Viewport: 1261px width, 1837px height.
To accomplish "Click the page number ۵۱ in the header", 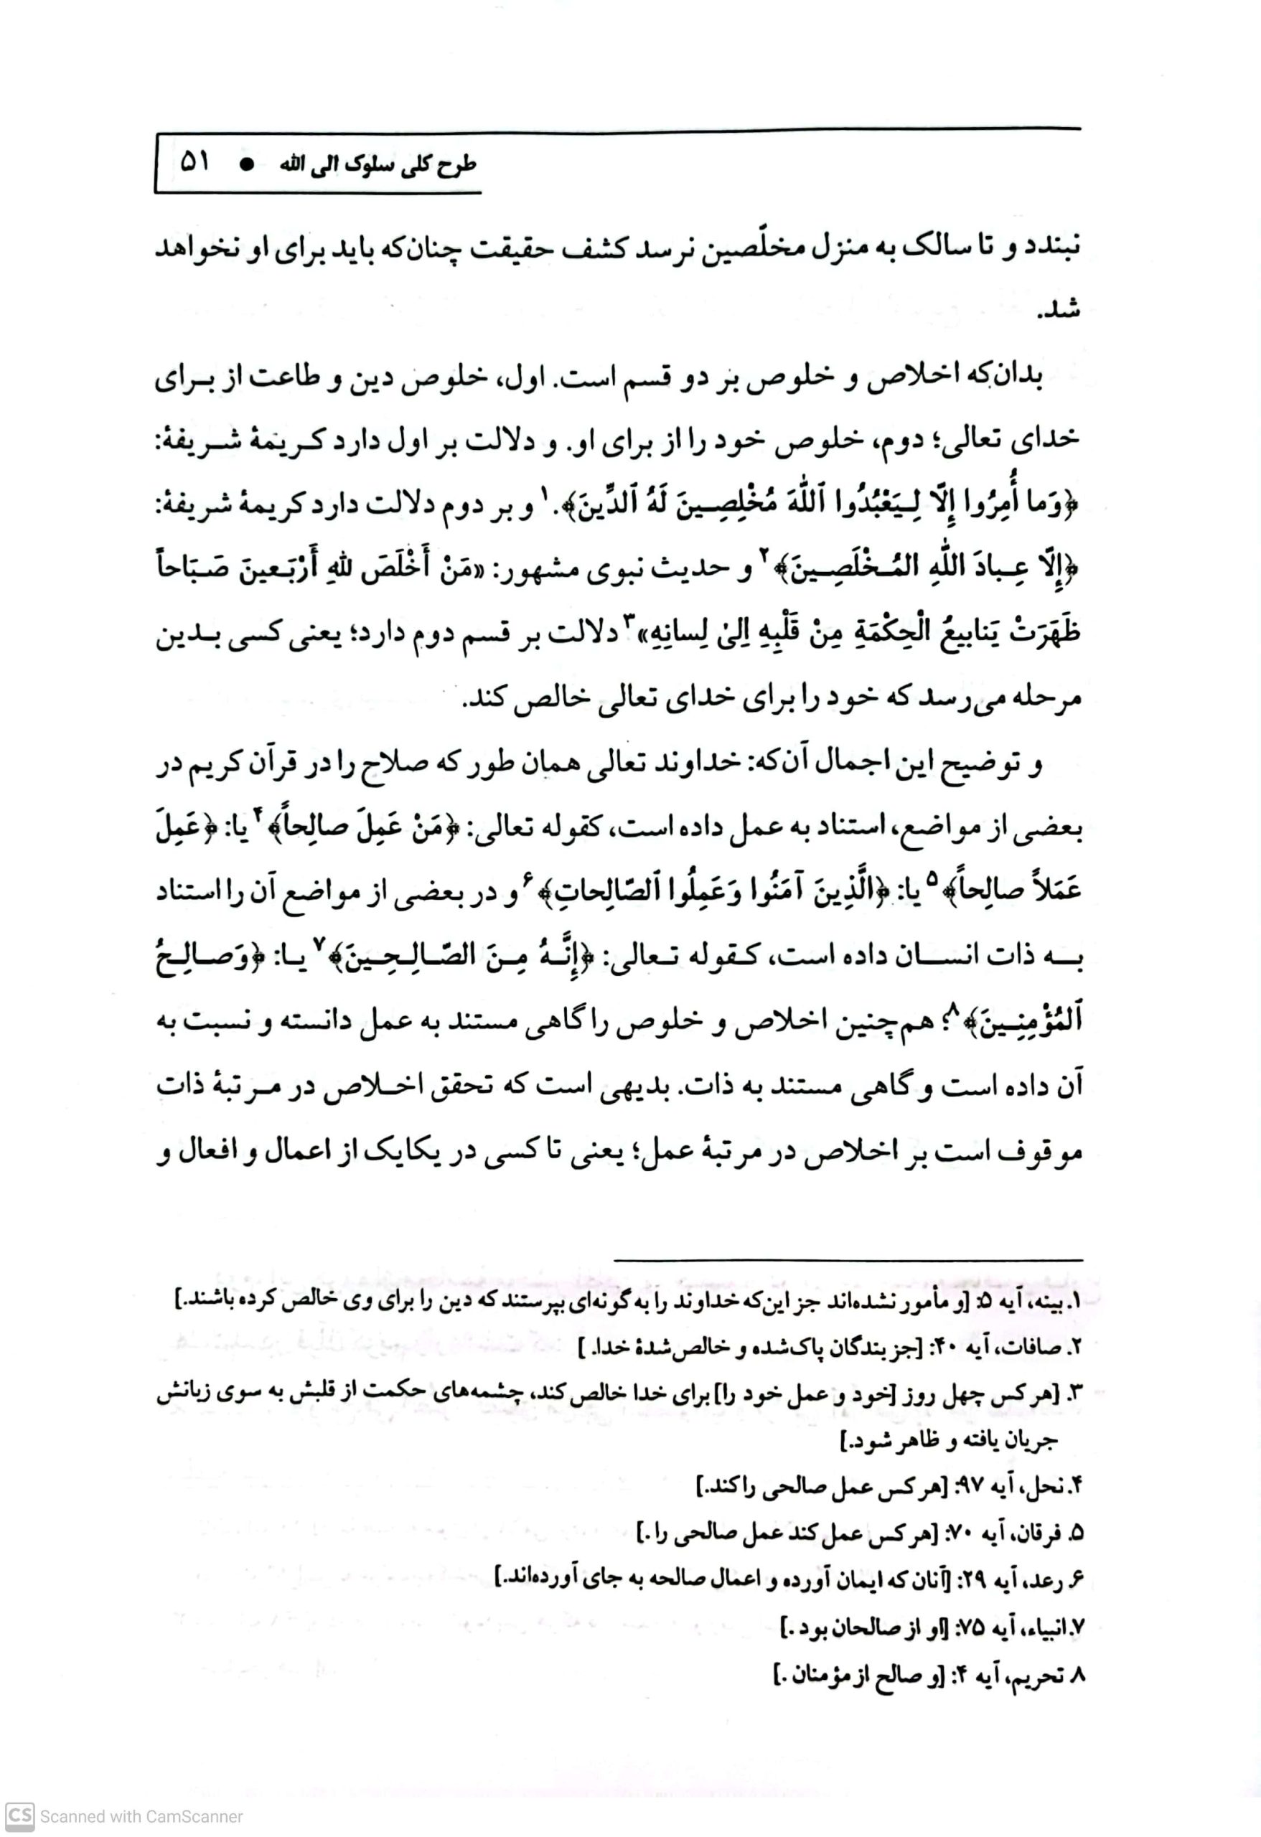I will tap(194, 163).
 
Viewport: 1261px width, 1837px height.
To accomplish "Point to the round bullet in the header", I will tap(248, 164).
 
